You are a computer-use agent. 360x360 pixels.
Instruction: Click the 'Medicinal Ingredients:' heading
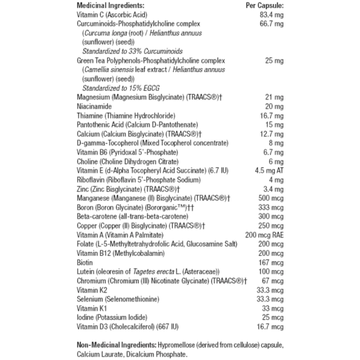click(111, 5)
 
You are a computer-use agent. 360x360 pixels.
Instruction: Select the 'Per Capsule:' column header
click(265, 5)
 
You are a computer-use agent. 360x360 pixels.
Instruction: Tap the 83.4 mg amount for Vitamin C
click(271, 15)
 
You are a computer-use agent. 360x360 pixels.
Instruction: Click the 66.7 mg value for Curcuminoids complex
click(271, 24)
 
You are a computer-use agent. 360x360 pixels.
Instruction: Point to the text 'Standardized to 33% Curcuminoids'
click(133, 51)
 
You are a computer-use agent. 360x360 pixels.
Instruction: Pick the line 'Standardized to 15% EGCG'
click(121, 88)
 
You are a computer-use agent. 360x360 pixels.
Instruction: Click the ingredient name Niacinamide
click(94, 106)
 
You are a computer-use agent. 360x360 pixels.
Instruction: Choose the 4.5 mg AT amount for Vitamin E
click(269, 171)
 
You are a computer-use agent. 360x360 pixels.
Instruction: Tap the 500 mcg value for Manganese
click(271, 198)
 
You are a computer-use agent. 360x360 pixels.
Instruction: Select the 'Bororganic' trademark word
click(166, 207)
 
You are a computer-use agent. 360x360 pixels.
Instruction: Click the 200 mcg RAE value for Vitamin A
click(264, 235)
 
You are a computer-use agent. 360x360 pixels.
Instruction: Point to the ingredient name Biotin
click(85, 263)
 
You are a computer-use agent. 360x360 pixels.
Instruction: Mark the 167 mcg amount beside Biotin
click(271, 263)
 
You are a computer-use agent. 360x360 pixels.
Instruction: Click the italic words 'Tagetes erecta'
click(153, 271)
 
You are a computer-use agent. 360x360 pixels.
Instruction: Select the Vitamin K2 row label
click(92, 290)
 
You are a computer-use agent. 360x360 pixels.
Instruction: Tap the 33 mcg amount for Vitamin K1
click(273, 309)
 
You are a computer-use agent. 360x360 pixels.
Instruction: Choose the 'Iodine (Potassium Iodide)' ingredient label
click(112, 317)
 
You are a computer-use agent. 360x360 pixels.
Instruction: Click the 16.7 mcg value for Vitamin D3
click(270, 327)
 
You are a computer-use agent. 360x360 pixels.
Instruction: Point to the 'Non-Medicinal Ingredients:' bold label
click(117, 345)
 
